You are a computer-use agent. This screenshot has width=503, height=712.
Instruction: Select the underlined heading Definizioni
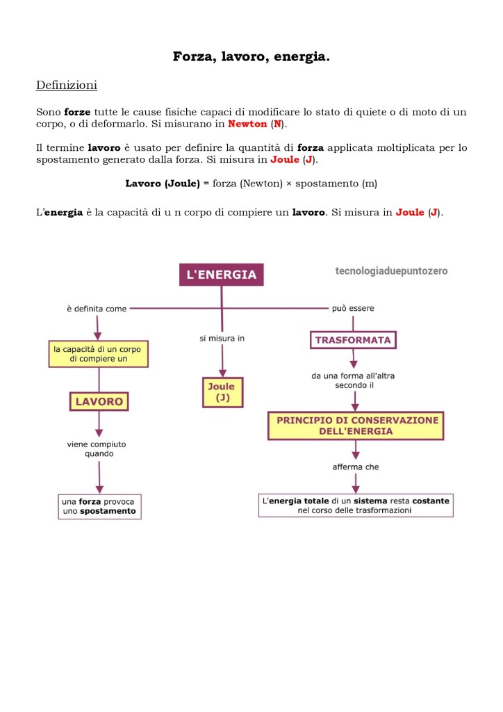pyautogui.click(x=67, y=86)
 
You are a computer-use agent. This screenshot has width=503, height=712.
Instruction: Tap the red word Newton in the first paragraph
pyautogui.click(x=247, y=124)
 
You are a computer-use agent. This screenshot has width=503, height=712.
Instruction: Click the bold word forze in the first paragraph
pyautogui.click(x=77, y=112)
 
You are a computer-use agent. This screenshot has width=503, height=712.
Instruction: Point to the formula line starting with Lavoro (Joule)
pyautogui.click(x=251, y=184)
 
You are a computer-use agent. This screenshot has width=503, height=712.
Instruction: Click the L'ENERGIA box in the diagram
pyautogui.click(x=222, y=275)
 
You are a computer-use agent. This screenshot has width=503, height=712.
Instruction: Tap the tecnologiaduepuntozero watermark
pyautogui.click(x=391, y=270)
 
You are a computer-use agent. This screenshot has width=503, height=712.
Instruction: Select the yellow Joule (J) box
pyautogui.click(x=222, y=392)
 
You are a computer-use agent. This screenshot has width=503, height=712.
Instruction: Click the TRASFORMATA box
pyautogui.click(x=353, y=340)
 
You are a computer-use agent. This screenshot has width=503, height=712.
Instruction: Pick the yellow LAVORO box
pyautogui.click(x=99, y=401)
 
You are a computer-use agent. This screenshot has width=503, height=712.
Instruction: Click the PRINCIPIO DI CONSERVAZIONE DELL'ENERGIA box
pyautogui.click(x=356, y=426)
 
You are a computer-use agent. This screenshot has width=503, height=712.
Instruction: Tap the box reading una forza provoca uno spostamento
pyautogui.click(x=99, y=506)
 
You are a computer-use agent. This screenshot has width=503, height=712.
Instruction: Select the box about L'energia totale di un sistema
pyautogui.click(x=356, y=505)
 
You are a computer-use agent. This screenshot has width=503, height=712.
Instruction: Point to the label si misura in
pyautogui.click(x=222, y=339)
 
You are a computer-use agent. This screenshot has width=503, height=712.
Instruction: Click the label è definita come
pyautogui.click(x=97, y=309)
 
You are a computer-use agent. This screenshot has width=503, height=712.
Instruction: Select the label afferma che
pyautogui.click(x=356, y=467)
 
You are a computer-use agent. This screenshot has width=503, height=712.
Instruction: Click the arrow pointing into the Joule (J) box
pyautogui.click(x=222, y=369)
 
